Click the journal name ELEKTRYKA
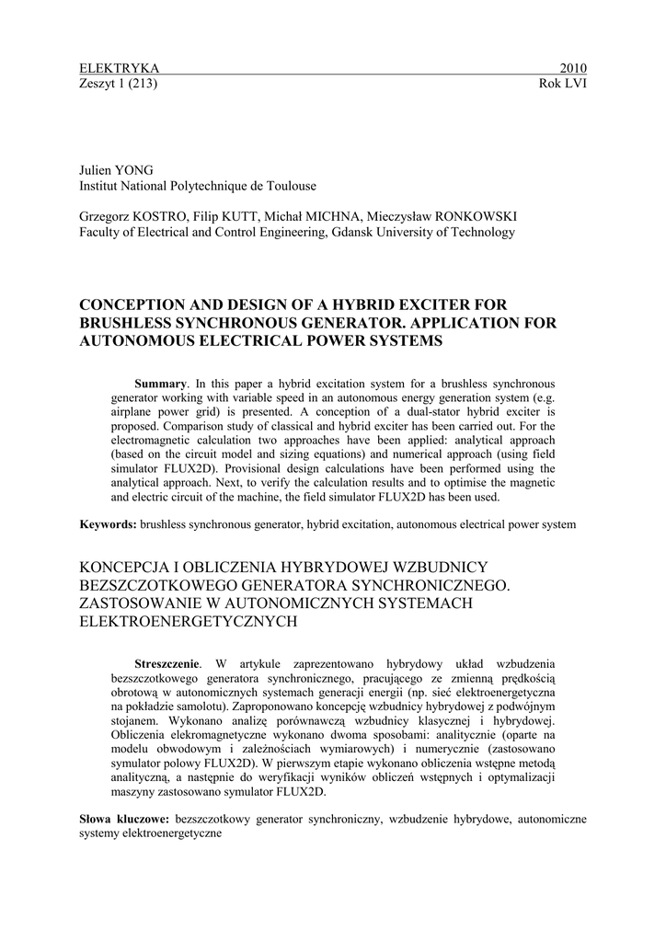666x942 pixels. click(x=120, y=68)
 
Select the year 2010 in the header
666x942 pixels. click(x=573, y=68)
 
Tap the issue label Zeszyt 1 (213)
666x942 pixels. click(x=120, y=83)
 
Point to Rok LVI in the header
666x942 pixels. click(x=563, y=83)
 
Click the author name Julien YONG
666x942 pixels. click(x=116, y=170)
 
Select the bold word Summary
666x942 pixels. click(x=161, y=383)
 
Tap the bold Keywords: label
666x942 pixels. click(x=109, y=524)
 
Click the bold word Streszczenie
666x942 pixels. click(x=166, y=663)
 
